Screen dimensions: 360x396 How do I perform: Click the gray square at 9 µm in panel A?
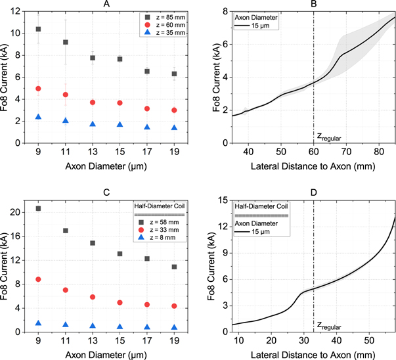click(x=38, y=29)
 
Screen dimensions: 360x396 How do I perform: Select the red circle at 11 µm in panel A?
click(x=65, y=95)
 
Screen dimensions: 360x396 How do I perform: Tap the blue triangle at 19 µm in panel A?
click(x=173, y=127)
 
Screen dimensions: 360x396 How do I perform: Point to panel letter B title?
click(x=314, y=4)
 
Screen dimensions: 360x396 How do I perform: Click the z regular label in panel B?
click(x=330, y=137)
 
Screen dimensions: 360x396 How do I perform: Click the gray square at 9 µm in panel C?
click(x=38, y=208)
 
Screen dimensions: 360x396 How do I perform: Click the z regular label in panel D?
click(x=329, y=325)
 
